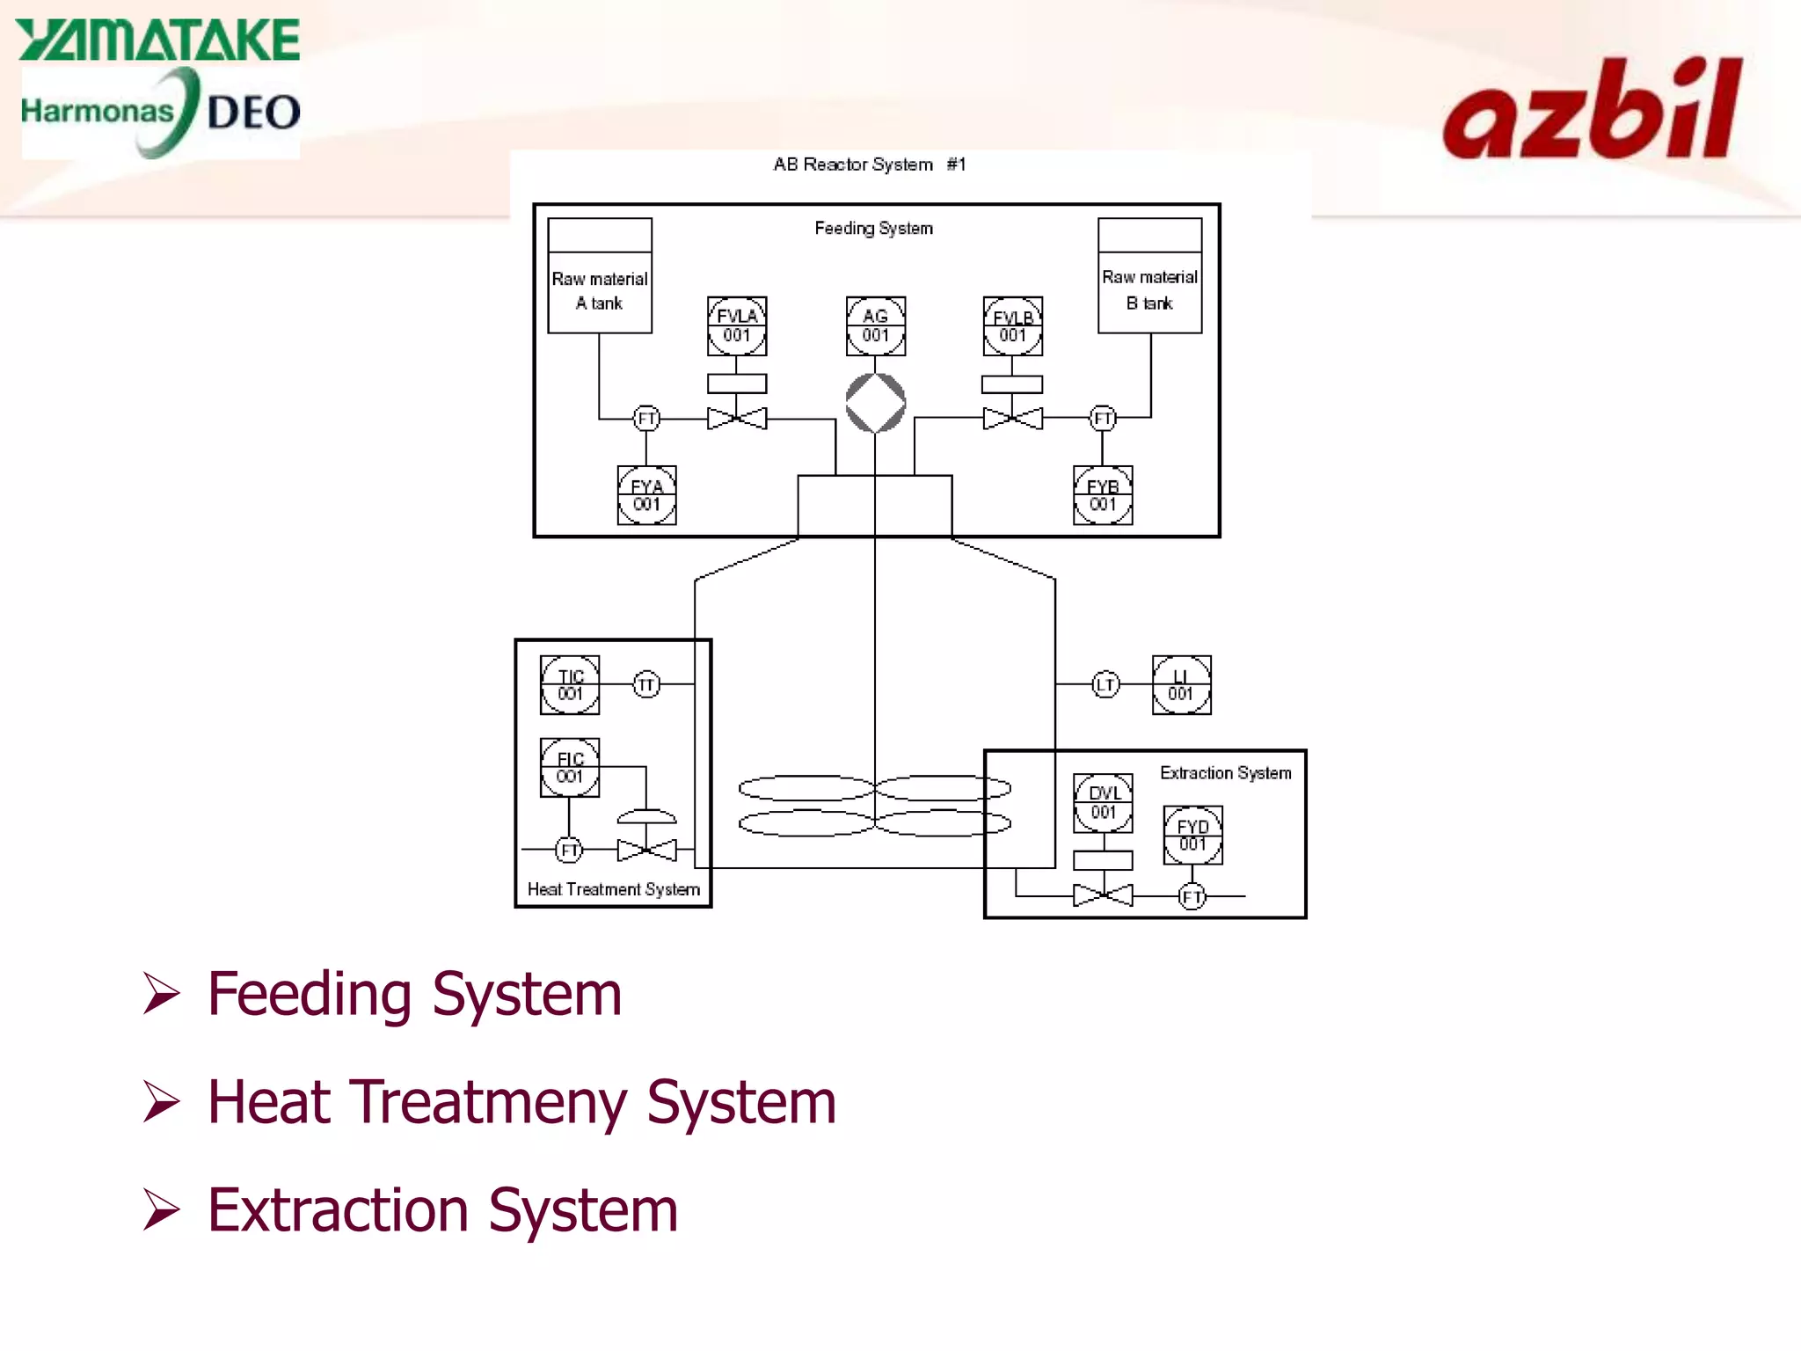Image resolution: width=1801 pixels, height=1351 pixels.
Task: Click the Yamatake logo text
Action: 158,40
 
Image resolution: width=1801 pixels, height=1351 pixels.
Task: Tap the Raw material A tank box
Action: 600,276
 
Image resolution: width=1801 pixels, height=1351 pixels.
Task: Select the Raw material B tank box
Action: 1149,276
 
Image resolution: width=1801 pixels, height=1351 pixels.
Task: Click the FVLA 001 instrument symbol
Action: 737,326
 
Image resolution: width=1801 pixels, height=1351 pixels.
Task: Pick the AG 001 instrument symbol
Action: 875,326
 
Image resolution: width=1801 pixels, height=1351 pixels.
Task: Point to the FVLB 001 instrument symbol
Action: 1012,326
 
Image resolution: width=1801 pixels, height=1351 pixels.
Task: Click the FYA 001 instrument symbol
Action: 646,495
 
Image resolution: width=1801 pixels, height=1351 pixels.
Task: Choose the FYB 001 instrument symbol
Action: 1103,495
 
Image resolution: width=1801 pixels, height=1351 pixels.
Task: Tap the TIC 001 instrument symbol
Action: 570,685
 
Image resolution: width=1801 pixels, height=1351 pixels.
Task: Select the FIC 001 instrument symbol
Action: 570,768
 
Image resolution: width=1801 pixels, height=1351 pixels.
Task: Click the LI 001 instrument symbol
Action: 1181,685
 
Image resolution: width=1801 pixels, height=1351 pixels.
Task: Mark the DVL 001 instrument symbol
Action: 1103,803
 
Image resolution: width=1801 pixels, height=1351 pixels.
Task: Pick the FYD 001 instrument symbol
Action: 1192,836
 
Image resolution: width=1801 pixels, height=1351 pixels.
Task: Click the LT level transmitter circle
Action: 1105,684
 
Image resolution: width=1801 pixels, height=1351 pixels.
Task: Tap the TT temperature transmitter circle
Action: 646,684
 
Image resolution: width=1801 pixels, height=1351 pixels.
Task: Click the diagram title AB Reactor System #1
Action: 869,164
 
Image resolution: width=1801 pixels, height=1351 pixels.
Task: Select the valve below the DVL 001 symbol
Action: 1103,896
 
